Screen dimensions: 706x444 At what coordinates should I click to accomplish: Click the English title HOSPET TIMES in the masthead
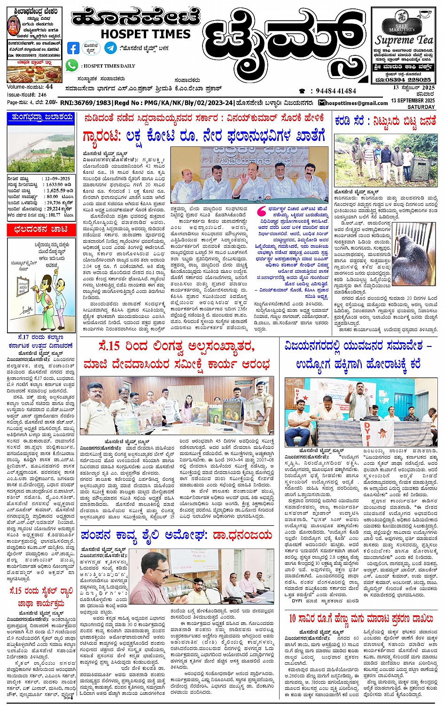pyautogui.click(x=146, y=34)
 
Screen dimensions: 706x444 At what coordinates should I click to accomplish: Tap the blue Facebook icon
pyautogui.click(x=73, y=48)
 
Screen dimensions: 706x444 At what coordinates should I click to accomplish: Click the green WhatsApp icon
pyautogui.click(x=71, y=66)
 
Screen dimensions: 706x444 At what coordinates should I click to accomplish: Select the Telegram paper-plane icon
pyautogui.click(x=110, y=48)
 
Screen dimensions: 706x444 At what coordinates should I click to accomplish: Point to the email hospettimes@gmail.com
pyautogui.click(x=356, y=103)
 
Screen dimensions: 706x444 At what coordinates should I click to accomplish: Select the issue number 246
pyautogui.click(x=42, y=94)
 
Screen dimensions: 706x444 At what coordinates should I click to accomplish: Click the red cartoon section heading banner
pyautogui.click(x=40, y=229)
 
